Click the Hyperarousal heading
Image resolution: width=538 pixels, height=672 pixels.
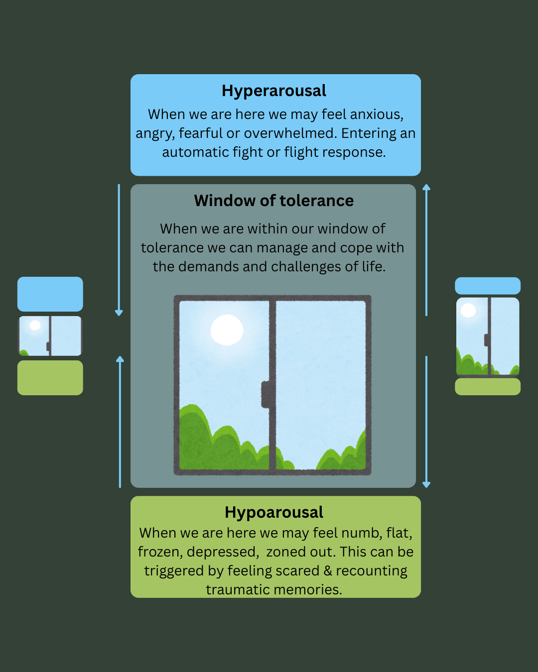click(274, 91)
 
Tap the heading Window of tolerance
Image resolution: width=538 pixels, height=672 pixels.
click(274, 201)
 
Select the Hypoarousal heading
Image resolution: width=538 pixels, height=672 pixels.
click(274, 513)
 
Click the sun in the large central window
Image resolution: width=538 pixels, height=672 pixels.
click(227, 330)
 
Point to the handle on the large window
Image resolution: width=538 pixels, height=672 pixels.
click(265, 394)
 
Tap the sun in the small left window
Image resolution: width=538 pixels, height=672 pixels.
click(35, 326)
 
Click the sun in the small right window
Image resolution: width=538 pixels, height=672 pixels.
click(468, 311)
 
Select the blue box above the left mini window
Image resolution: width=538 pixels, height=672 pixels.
click(50, 294)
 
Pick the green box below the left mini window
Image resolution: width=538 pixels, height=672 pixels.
click(50, 378)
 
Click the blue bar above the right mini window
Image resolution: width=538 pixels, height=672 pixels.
click(488, 286)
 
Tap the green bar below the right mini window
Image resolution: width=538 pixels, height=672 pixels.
click(488, 387)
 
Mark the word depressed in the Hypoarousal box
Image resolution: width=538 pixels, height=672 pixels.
click(223, 552)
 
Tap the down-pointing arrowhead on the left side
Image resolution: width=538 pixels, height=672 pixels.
click(119, 313)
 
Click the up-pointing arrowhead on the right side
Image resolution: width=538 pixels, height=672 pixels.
click(426, 187)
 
